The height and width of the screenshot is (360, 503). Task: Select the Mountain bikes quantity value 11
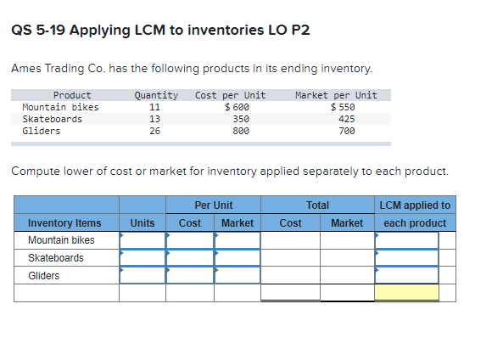[x=154, y=107]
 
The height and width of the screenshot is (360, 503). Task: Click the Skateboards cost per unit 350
[x=241, y=119]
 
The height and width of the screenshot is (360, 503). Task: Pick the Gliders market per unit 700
[x=346, y=131]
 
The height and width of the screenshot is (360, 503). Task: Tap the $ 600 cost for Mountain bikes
[x=237, y=107]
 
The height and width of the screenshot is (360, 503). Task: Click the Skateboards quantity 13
[x=154, y=119]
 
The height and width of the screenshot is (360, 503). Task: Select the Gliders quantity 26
[x=154, y=131]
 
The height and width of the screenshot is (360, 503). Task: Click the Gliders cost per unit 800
[x=241, y=131]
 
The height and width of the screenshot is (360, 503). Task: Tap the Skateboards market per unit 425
[x=346, y=119]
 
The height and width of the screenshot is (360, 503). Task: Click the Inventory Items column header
[x=64, y=223]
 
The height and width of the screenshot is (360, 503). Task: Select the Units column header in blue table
[x=142, y=223]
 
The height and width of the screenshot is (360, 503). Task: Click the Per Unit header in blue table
[x=213, y=205]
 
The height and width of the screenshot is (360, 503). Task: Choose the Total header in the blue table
[x=317, y=205]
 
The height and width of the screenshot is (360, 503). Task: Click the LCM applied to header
[x=416, y=205]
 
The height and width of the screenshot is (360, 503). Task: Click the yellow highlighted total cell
[x=406, y=293]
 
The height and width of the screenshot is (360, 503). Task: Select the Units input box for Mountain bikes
[x=142, y=240]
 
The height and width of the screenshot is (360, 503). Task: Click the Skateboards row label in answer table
[x=56, y=258]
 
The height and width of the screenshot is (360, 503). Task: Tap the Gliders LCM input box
[x=406, y=275]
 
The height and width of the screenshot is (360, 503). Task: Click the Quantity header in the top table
[x=156, y=95]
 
